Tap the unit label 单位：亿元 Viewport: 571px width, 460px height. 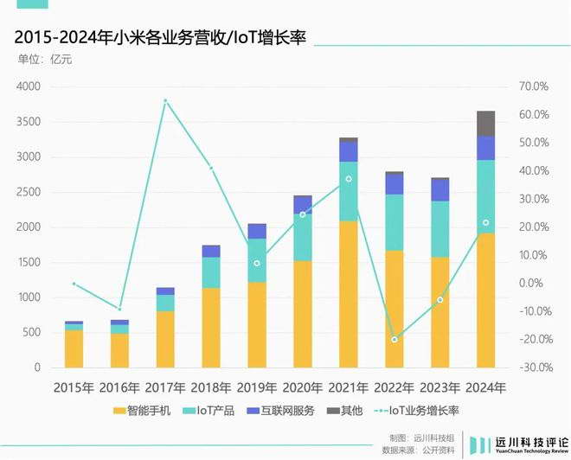(x=43, y=60)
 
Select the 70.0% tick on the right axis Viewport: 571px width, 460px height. (x=535, y=86)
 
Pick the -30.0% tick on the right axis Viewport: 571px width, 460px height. (x=535, y=367)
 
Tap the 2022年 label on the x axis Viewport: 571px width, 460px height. (x=395, y=387)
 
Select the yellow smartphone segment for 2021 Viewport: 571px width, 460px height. (x=349, y=294)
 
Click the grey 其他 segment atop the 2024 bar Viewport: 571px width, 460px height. (x=485, y=123)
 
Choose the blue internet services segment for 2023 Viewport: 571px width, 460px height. (x=440, y=190)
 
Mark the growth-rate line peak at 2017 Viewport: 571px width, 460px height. (x=165, y=101)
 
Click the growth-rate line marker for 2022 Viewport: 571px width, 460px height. (x=395, y=339)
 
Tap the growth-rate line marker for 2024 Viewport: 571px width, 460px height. (x=486, y=223)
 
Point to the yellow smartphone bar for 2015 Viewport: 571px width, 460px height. (x=74, y=348)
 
